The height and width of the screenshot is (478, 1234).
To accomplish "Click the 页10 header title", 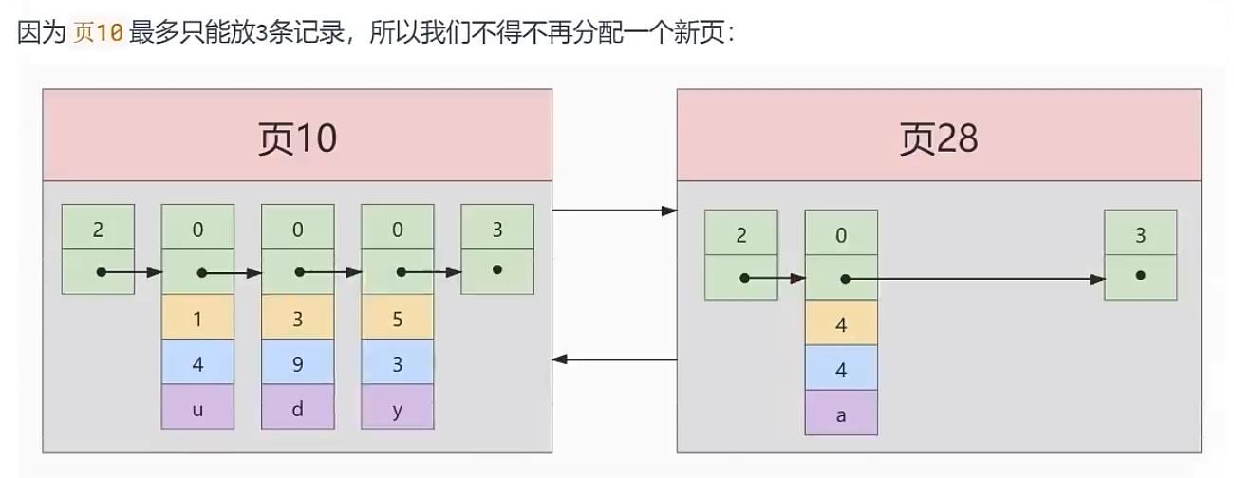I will coord(297,139).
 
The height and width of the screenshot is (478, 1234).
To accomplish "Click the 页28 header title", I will coord(938,139).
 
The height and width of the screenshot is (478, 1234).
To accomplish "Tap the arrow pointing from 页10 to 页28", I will coord(613,210).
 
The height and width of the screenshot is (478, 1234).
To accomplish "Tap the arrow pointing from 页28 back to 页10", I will coord(613,359).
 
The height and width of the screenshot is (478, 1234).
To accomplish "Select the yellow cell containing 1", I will coord(197,319).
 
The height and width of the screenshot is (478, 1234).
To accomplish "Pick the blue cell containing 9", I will coord(297,362).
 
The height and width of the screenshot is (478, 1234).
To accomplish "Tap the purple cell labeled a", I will coord(841,414).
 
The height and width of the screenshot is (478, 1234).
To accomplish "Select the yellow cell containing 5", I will coord(397,319).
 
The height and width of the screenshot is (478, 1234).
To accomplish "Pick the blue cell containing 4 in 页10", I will coord(197,362).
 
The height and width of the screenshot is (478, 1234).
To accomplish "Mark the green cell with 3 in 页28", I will coord(1141,235).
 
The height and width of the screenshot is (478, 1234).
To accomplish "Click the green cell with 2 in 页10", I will coord(98,229).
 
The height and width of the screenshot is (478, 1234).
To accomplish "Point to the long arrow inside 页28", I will coord(978,279).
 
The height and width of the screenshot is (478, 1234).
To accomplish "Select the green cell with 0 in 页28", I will coord(841,235).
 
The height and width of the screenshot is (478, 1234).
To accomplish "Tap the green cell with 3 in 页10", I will coord(497,229).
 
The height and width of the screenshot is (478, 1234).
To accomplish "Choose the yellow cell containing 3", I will coord(297,319).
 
